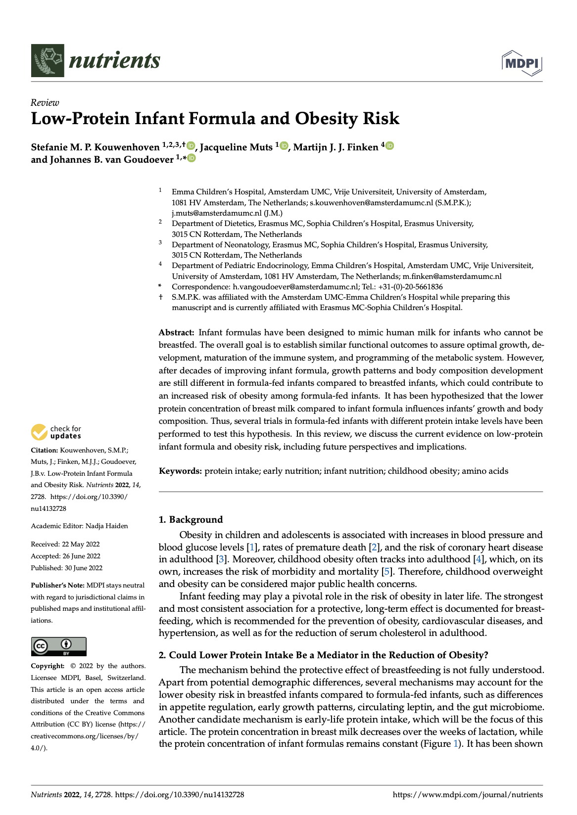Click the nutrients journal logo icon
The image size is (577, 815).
(48, 60)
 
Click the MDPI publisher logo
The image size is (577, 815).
(522, 63)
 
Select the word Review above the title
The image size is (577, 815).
(45, 102)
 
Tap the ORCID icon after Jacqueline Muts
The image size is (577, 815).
(284, 146)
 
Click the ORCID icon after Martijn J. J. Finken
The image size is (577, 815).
(389, 146)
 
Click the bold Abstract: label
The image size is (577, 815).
(176, 332)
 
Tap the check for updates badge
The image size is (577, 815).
(56, 432)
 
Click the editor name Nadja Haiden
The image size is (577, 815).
(106, 526)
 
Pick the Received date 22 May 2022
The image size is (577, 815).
(81, 544)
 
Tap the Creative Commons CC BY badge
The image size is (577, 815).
(58, 646)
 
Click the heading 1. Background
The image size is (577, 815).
(191, 519)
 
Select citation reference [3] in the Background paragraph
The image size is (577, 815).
(221, 559)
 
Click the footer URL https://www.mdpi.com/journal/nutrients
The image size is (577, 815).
(467, 795)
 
